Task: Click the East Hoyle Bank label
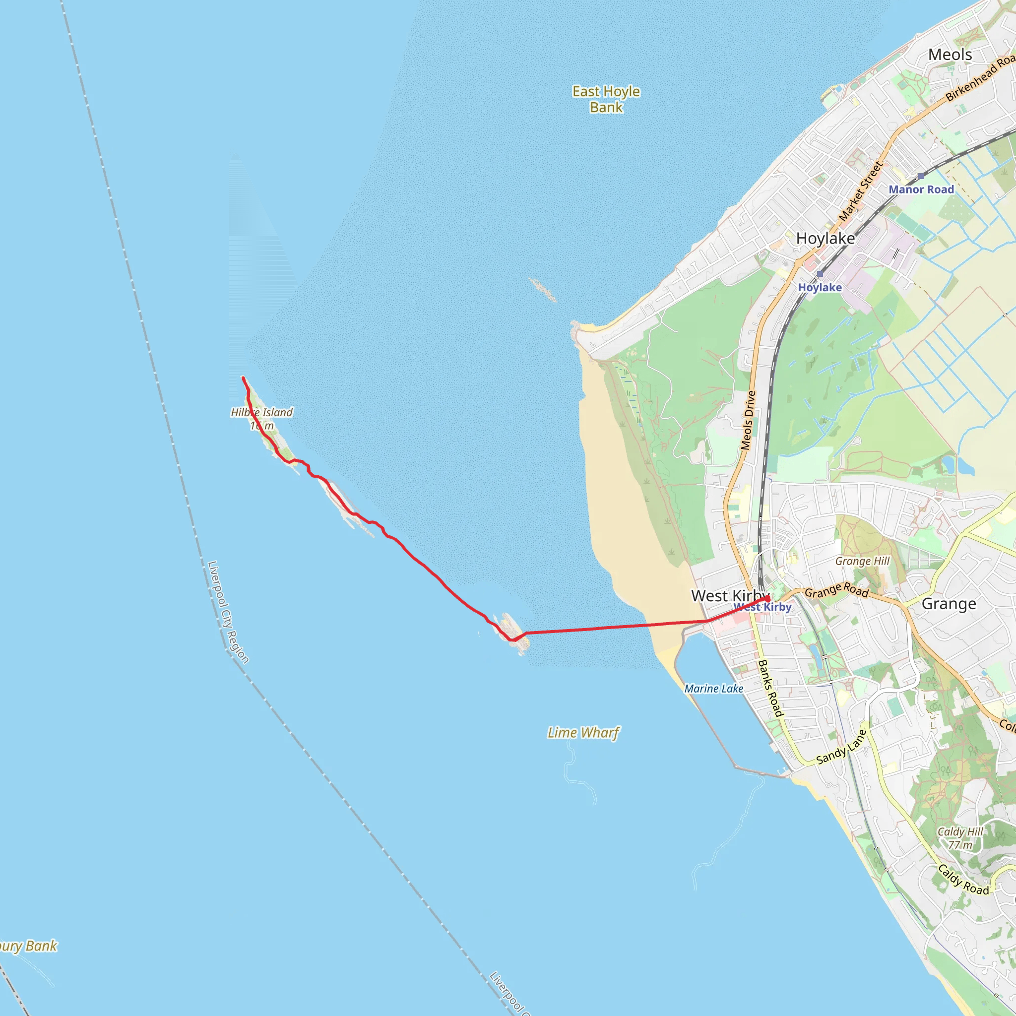606,99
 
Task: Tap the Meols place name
950,55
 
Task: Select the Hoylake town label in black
825,238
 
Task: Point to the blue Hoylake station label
820,287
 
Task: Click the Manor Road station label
921,190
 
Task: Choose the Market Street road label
860,191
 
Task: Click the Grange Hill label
862,561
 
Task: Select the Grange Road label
837,590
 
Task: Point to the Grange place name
949,604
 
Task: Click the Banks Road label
770,688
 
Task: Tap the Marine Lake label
713,689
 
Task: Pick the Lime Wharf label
583,733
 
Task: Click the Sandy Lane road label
840,748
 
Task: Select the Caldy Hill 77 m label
960,838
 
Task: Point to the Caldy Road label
963,879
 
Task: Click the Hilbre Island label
262,413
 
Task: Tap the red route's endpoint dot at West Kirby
767,598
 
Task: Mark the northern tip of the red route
243,378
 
